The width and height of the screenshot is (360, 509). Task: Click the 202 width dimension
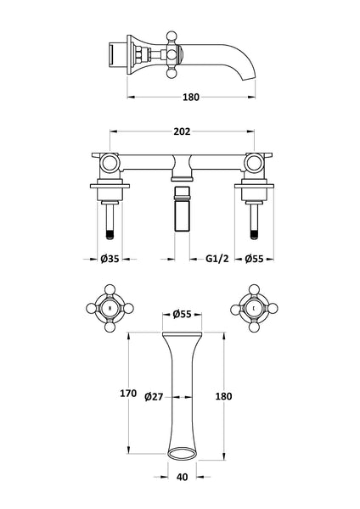181,131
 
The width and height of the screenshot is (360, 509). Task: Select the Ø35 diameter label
108,260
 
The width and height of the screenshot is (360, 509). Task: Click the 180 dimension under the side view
191,98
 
